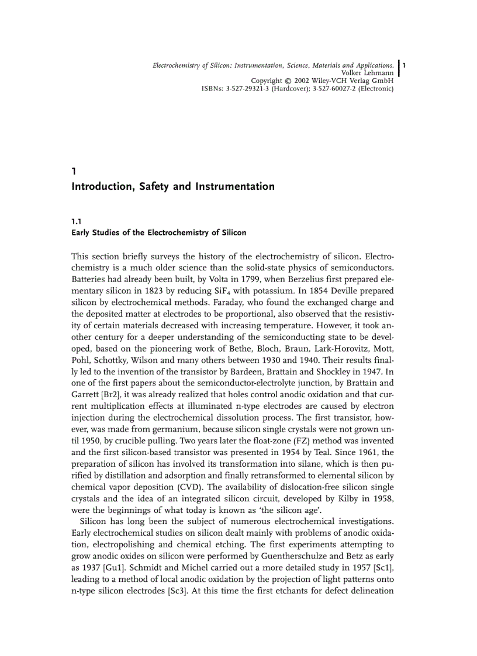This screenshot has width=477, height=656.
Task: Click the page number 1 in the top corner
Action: [405, 65]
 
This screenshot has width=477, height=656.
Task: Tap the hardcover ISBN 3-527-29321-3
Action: [243, 89]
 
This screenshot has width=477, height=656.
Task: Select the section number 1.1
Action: [76, 221]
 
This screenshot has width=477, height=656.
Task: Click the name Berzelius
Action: [276, 279]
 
